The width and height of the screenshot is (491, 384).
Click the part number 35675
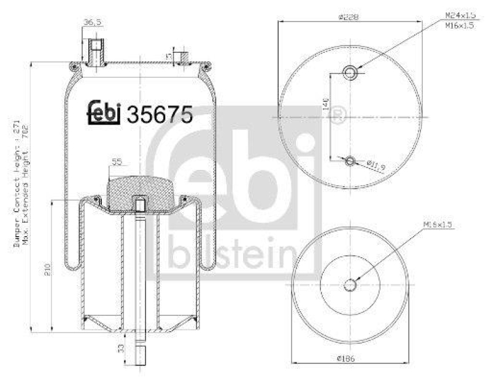coord(160,113)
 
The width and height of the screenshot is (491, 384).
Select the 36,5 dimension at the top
coord(91,23)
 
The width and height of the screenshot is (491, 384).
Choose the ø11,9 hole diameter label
coord(376,165)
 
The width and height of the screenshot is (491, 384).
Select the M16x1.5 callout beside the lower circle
coord(436,226)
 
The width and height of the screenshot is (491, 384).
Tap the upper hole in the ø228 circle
coord(350,73)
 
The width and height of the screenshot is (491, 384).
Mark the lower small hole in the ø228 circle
coord(350,161)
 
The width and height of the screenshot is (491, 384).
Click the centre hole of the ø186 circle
coord(350,285)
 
